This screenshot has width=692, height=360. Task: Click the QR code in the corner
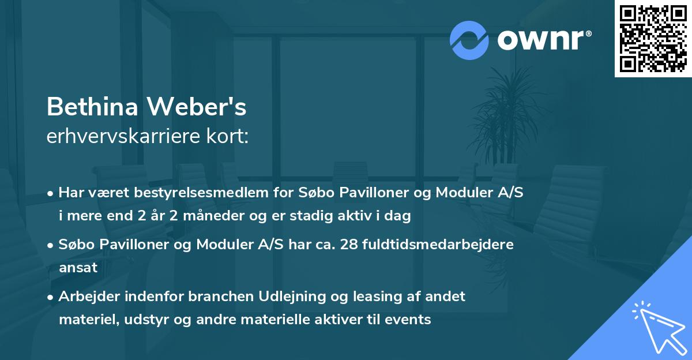point(653,38)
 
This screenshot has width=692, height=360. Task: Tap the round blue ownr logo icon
point(469,40)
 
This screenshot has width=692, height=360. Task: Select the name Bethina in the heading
point(92,106)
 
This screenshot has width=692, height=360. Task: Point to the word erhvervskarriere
point(119,137)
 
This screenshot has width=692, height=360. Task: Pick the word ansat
point(78,268)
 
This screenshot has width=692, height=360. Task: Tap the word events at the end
point(410,320)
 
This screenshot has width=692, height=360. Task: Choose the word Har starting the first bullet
point(70,193)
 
